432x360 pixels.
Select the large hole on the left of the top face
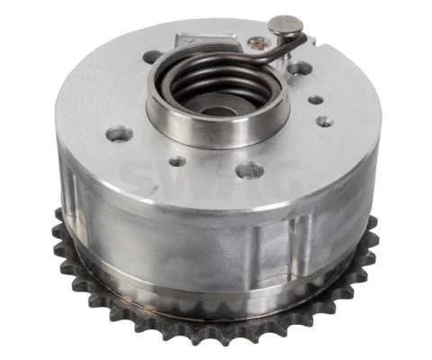tap(119, 135)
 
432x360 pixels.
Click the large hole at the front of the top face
tap(251, 168)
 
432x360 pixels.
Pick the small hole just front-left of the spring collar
tap(177, 162)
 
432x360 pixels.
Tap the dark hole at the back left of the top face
tap(153, 57)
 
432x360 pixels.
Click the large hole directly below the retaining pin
tap(301, 67)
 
